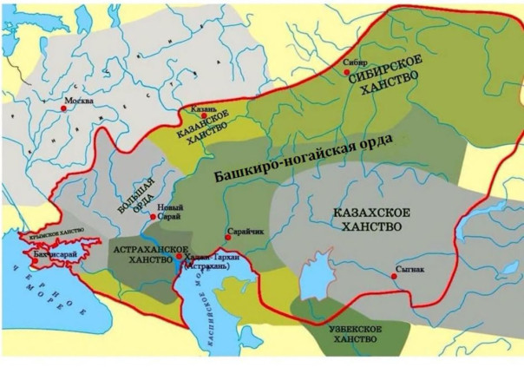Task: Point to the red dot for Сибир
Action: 348,74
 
